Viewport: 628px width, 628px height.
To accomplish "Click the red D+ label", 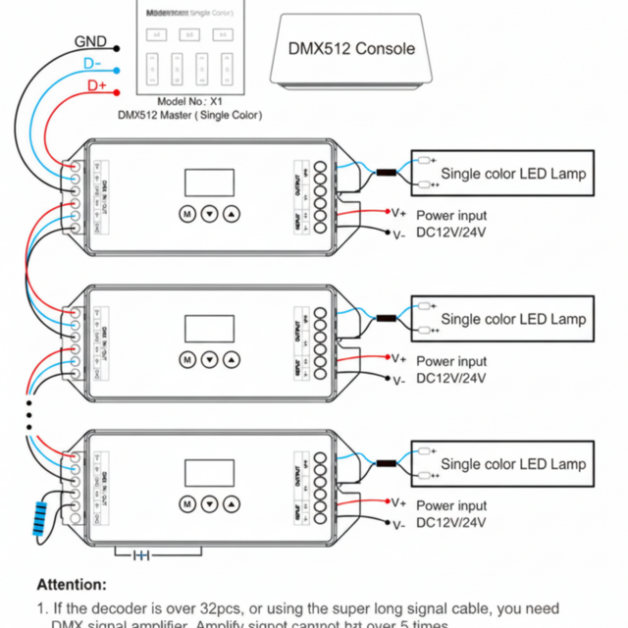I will click(x=97, y=86).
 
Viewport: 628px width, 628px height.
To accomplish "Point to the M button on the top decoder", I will click(x=186, y=213).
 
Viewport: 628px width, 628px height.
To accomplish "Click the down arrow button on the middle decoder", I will click(x=209, y=359).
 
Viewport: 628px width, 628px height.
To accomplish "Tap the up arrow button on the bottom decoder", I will click(x=231, y=503).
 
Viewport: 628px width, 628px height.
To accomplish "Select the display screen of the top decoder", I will click(x=209, y=183).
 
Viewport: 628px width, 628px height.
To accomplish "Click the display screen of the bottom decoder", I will click(x=209, y=474).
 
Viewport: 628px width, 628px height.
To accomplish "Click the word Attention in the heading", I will click(x=72, y=584).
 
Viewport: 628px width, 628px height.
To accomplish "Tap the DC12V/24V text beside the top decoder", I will click(x=451, y=233).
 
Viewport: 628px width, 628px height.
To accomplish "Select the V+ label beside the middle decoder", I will click(x=398, y=358).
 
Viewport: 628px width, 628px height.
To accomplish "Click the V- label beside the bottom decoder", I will click(x=398, y=525).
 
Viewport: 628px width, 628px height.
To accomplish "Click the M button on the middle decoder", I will click(x=186, y=359).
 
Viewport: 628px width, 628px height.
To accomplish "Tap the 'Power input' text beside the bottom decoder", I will click(x=451, y=506).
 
